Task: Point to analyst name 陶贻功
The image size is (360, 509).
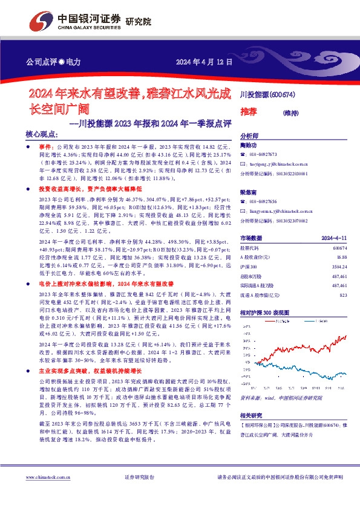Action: pos(249,145)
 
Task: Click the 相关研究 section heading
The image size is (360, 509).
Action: pos(251,416)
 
